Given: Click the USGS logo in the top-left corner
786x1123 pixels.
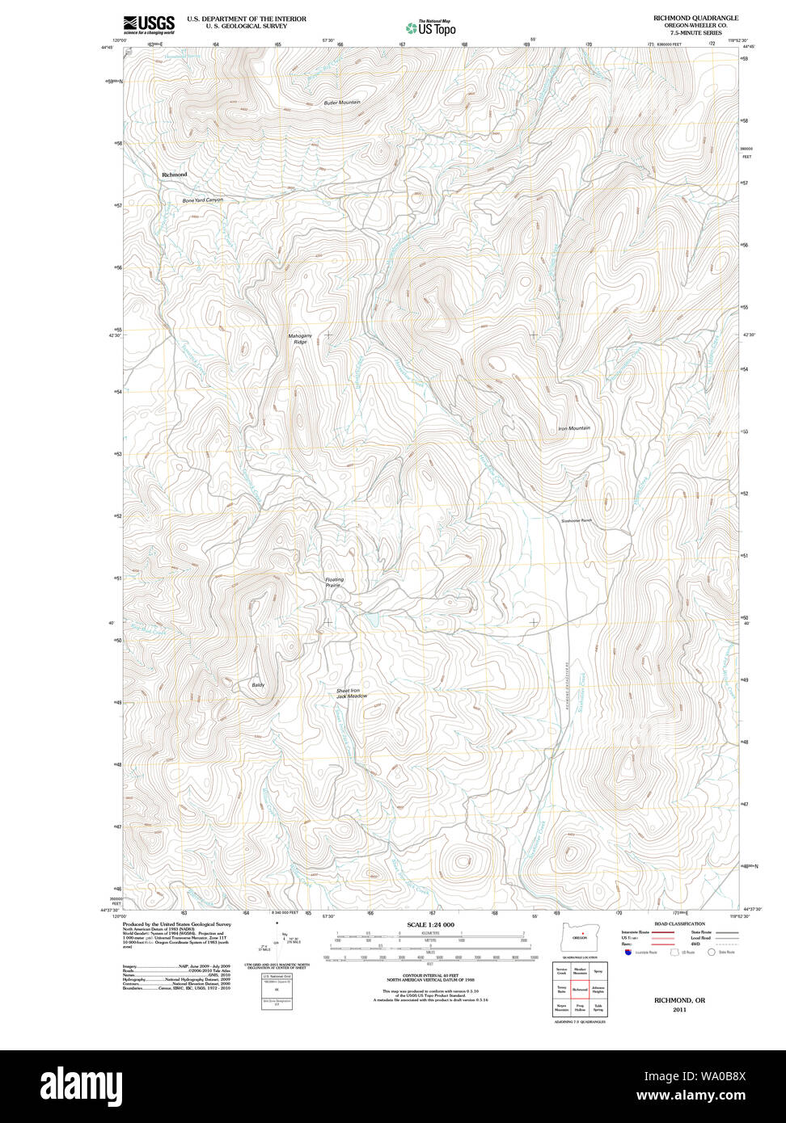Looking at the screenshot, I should coord(149,25).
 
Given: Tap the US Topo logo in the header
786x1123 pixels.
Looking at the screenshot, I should coord(431,28).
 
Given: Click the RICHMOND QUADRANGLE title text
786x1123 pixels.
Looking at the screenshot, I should coord(686,18).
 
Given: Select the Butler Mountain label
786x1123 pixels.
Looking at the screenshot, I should coord(342,103).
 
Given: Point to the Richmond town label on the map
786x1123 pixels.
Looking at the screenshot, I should coord(174,175).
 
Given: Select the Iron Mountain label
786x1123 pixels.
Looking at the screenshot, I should coord(574,428).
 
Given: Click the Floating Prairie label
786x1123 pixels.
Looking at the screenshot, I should coord(334,583).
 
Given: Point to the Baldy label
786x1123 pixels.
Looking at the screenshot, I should coord(257,685).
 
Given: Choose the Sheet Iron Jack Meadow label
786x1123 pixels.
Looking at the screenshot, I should coord(352,693).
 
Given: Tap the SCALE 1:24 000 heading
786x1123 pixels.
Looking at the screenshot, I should coord(430,924).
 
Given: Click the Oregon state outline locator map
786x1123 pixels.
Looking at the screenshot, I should coord(579,936).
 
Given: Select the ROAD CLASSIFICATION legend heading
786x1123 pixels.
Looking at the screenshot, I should coord(679,923).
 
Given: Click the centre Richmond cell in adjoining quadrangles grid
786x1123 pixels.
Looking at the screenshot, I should coord(580,989).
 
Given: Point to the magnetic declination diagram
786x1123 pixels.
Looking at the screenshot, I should coord(277,945).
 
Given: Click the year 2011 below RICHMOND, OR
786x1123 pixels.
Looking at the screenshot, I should coord(679,1009).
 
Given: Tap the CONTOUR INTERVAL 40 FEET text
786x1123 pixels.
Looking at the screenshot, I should coord(430,976).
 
